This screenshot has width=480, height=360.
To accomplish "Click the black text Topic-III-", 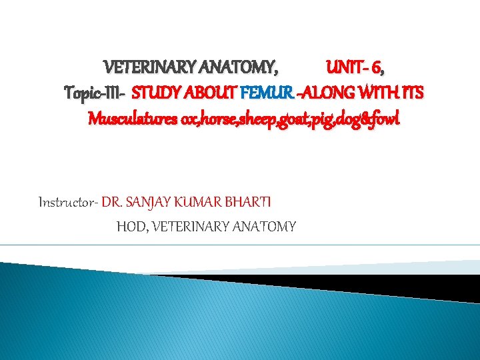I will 95,91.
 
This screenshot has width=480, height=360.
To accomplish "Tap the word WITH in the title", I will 377,91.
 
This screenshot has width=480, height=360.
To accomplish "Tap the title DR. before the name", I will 112,200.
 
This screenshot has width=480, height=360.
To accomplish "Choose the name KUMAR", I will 199,200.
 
